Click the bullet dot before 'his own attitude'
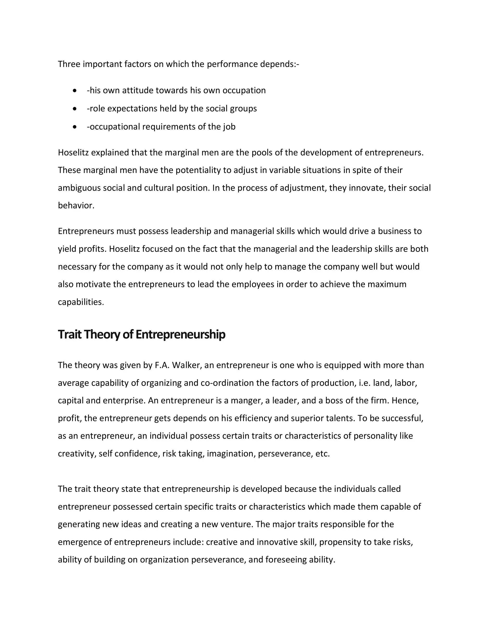tap(75, 91)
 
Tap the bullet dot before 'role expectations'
tap(75, 109)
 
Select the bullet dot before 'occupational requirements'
tap(75, 127)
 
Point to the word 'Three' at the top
tap(69, 64)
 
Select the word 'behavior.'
tap(76, 206)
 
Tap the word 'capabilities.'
tap(81, 302)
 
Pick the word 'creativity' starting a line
tap(77, 454)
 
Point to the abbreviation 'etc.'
tap(322, 454)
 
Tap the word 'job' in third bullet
tap(229, 127)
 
